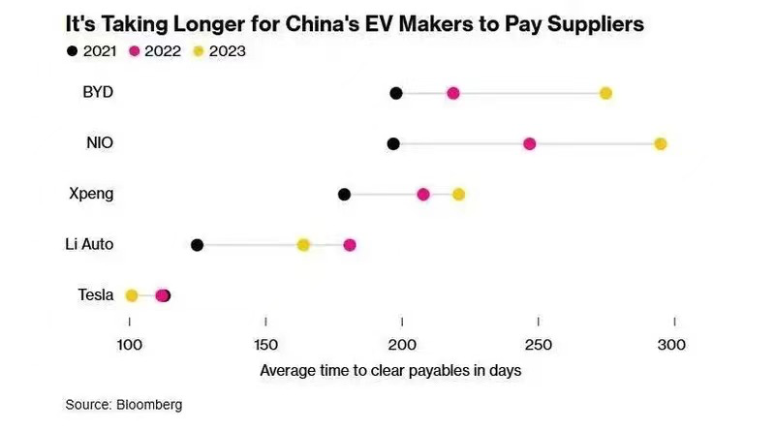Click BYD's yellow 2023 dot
[x=605, y=93]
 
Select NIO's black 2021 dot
[x=393, y=143]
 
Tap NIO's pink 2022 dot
[x=529, y=143]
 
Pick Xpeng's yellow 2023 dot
[x=458, y=195]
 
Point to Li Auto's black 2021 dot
[x=198, y=245]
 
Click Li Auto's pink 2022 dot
[x=350, y=245]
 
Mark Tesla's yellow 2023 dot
[x=132, y=295]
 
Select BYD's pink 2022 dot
[x=452, y=93]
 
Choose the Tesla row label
[x=95, y=294]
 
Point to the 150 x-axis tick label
[x=265, y=346]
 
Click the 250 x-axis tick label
[x=538, y=346]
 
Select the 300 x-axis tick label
[x=673, y=346]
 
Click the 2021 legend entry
[x=97, y=50]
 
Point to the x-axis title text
[x=391, y=370]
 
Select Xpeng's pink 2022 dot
[x=423, y=195]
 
